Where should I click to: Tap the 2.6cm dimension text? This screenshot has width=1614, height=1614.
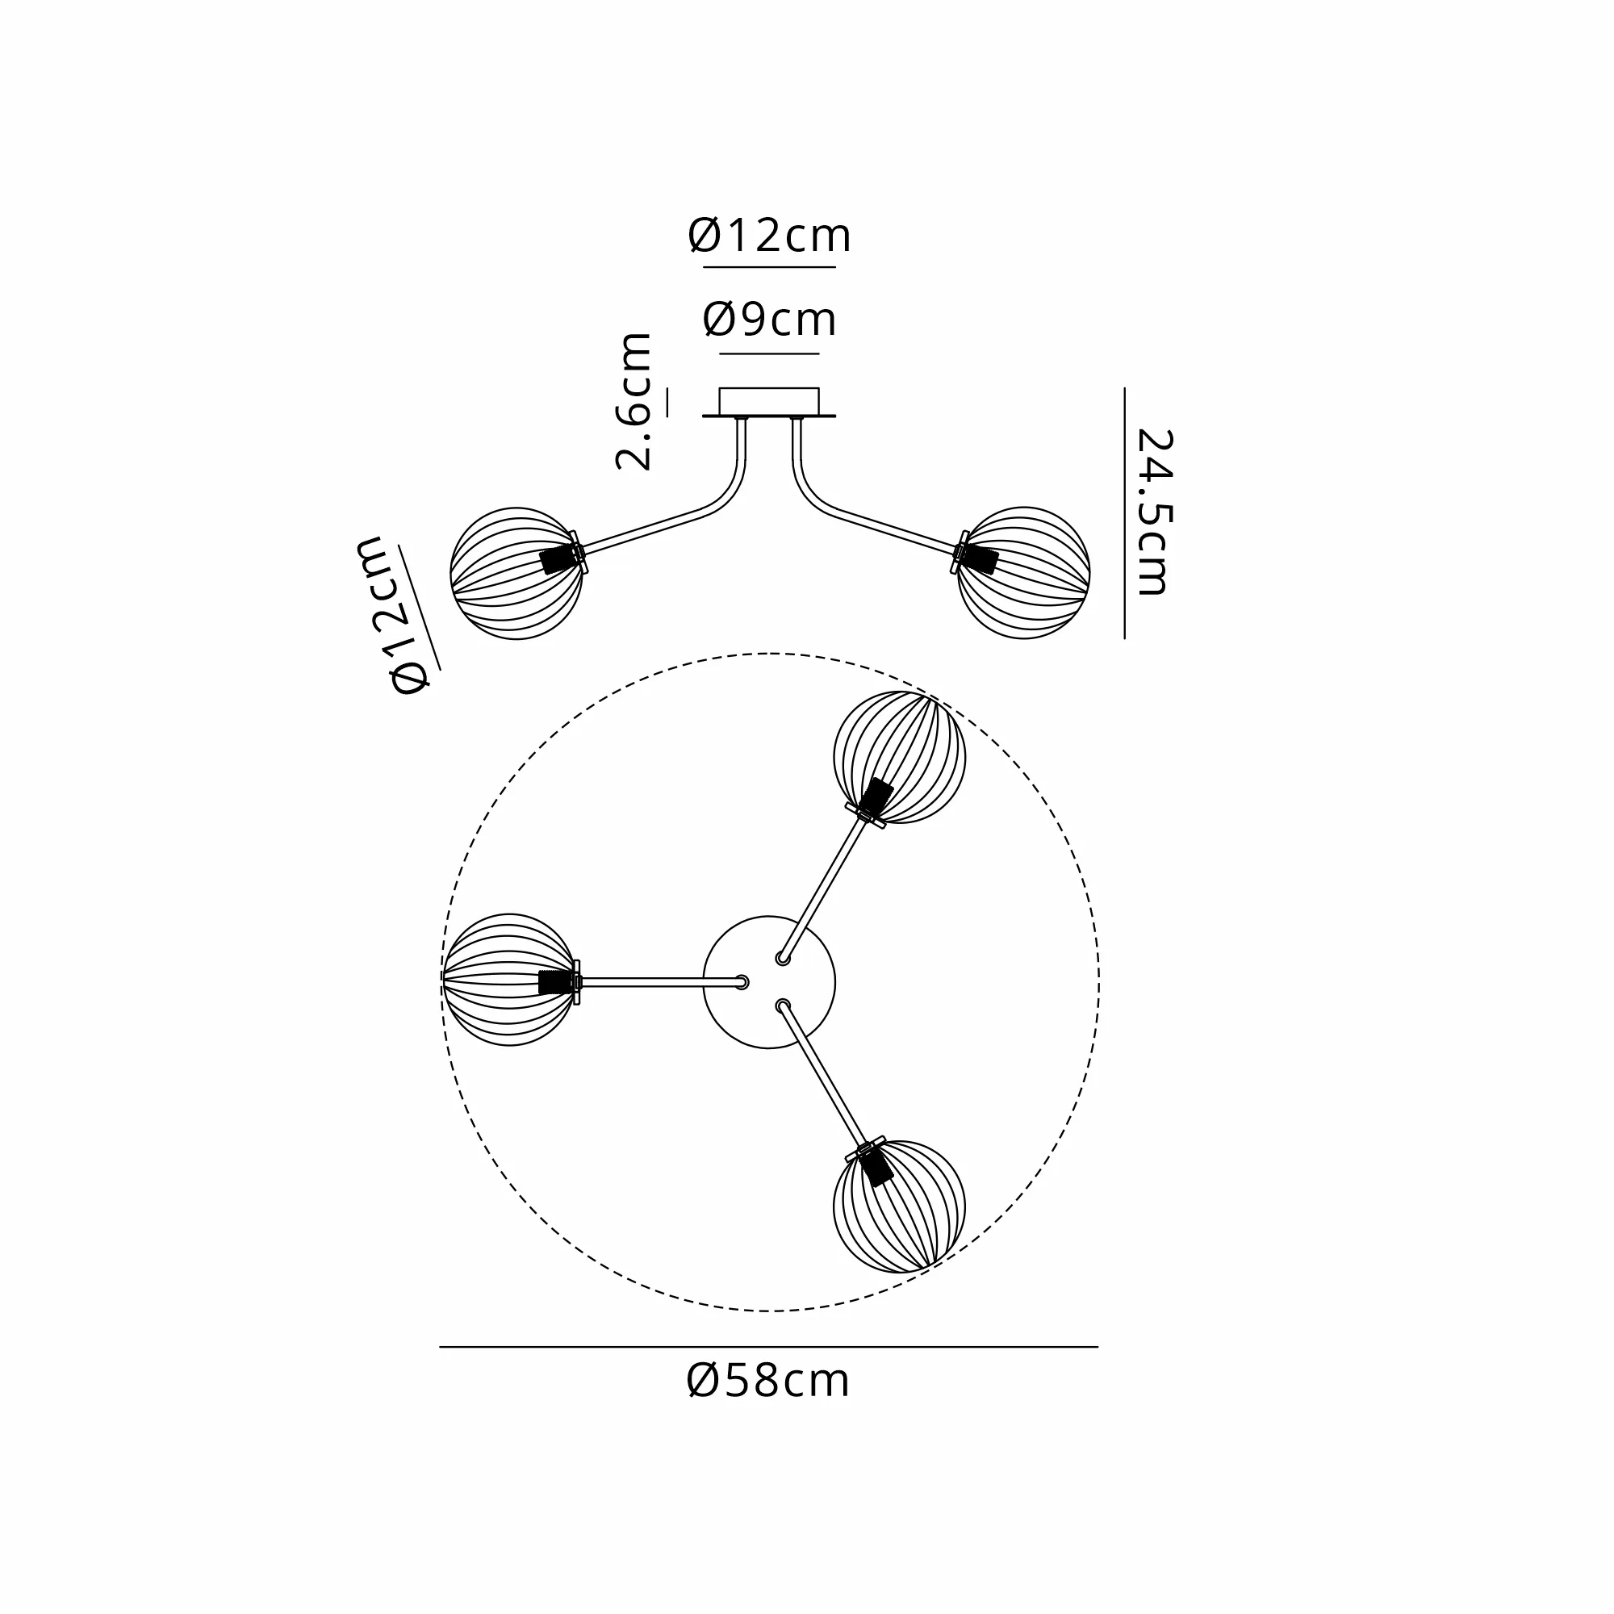click(x=634, y=402)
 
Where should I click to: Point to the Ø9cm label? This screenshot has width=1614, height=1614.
click(x=769, y=319)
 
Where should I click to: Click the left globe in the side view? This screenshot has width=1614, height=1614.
click(x=516, y=573)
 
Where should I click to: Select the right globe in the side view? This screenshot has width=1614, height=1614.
click(x=1023, y=573)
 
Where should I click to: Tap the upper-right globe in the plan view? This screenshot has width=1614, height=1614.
click(x=900, y=757)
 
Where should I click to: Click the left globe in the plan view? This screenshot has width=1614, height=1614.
click(x=508, y=980)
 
